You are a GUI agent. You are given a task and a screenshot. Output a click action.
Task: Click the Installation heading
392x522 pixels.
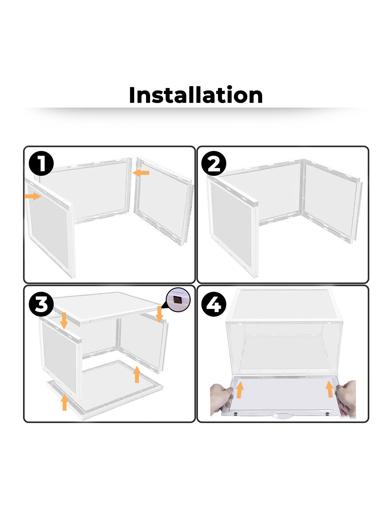tap(196, 95)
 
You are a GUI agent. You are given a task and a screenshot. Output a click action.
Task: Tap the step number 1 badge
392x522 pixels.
tap(41, 163)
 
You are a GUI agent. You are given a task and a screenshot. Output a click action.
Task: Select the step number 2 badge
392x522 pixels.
tap(214, 163)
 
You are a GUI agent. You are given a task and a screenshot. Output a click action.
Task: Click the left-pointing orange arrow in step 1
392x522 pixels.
tap(141, 173)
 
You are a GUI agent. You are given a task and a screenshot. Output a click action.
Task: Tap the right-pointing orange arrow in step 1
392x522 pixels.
tap(33, 196)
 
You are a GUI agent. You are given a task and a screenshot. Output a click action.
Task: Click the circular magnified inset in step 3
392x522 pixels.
tap(178, 300)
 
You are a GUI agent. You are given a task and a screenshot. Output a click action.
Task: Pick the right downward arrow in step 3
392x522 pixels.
tap(159, 314)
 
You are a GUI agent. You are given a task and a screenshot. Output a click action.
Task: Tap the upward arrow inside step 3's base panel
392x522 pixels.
tap(137, 374)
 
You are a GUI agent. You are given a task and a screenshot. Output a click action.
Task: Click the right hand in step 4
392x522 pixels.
tap(347, 398)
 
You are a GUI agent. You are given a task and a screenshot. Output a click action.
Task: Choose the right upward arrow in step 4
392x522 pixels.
tap(330, 389)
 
